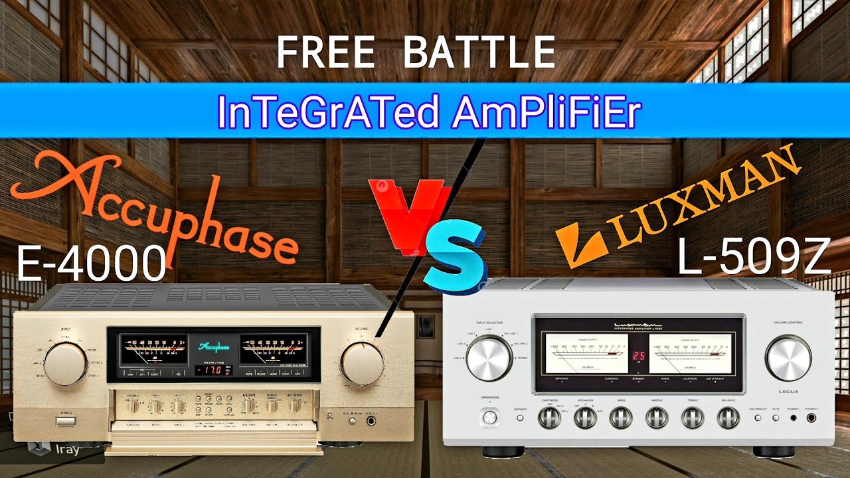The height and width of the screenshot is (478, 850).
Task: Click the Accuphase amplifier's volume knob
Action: tap(363, 363)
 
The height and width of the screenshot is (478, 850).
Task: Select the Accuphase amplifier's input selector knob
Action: tap(65, 363)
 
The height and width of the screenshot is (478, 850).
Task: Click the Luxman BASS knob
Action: tap(620, 417)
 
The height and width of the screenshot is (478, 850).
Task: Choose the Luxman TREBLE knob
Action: tap(691, 417)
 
